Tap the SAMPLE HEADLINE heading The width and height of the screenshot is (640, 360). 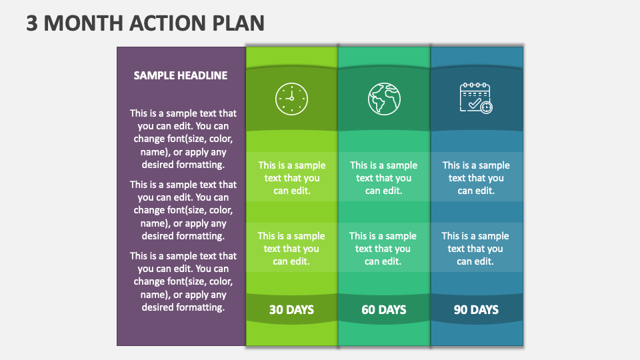(x=181, y=75)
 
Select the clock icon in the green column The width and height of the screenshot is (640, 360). (x=291, y=99)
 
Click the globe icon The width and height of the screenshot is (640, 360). (x=384, y=99)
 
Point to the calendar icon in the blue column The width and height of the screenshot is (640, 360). (x=477, y=98)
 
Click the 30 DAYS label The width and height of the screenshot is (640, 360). (x=291, y=309)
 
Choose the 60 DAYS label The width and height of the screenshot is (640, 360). (x=383, y=309)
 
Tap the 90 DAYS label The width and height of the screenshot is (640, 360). (x=476, y=309)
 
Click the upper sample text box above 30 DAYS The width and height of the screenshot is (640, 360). (x=292, y=178)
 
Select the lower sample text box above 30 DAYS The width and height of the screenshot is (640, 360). (x=291, y=249)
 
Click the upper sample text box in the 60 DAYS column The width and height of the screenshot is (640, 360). (x=383, y=178)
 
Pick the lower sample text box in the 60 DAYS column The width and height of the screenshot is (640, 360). (x=383, y=249)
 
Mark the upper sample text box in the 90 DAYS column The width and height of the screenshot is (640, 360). (x=476, y=178)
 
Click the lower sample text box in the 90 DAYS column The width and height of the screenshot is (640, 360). (x=476, y=249)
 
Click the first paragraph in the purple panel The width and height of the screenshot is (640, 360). (x=183, y=139)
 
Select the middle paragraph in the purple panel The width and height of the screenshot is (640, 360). (x=183, y=210)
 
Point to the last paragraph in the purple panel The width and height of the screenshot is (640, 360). (x=183, y=281)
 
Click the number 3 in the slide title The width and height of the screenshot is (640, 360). (x=32, y=23)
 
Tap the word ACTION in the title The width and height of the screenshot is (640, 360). (x=172, y=23)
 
